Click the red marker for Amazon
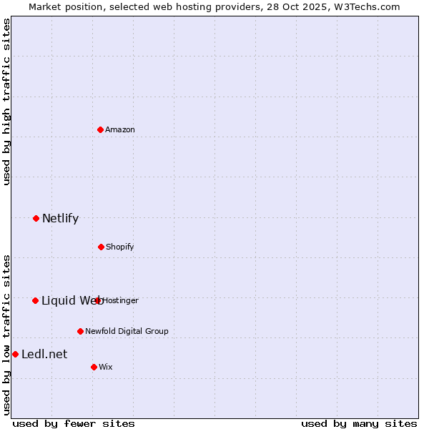pyautogui.click(x=101, y=129)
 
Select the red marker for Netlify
pyautogui.click(x=36, y=218)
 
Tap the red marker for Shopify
pyautogui.click(x=101, y=247)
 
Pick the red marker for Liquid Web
pyautogui.click(x=35, y=300)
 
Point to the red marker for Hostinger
pyautogui.click(x=98, y=300)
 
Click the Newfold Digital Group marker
pyautogui.click(x=80, y=331)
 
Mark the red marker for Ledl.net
pyautogui.click(x=15, y=354)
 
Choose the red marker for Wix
pyautogui.click(x=94, y=367)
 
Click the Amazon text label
pyautogui.click(x=120, y=129)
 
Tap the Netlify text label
pyautogui.click(x=60, y=218)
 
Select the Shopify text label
pyautogui.click(x=120, y=247)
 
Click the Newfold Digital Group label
pyautogui.click(x=127, y=331)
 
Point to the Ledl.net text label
pyautogui.click(x=44, y=354)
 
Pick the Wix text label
pyautogui.click(x=106, y=367)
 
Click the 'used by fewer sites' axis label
pyautogui.click(x=74, y=423)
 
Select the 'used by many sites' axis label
pyautogui.click(x=359, y=423)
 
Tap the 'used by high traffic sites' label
pyautogui.click(x=6, y=102)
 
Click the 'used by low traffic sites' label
pyautogui.click(x=6, y=335)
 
